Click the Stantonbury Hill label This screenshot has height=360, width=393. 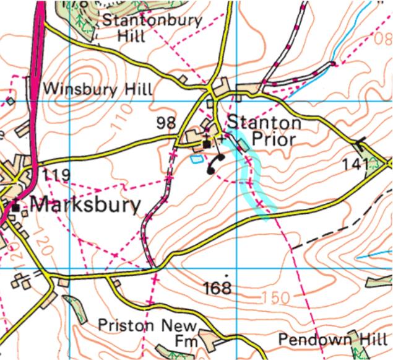[x=152, y=28]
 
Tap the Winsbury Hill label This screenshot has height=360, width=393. [x=98, y=89]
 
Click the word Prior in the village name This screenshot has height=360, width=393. [x=274, y=139]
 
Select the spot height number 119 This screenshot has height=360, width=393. [x=56, y=175]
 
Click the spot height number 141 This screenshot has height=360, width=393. [x=356, y=164]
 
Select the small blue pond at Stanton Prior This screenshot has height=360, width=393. [x=196, y=159]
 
